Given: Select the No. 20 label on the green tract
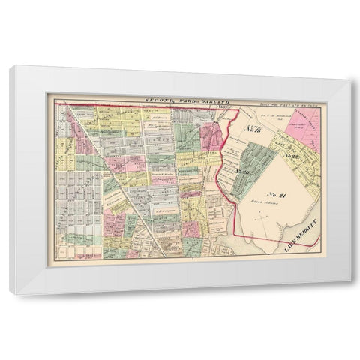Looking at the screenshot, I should [241, 172].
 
